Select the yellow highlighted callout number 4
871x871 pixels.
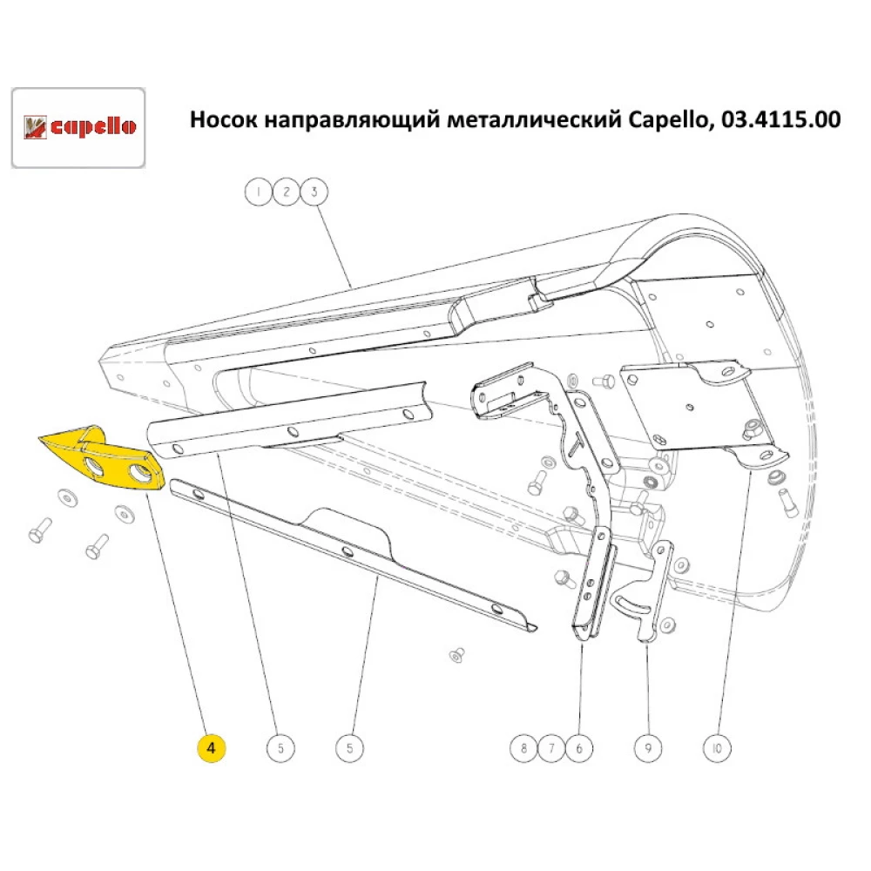pyautogui.click(x=212, y=747)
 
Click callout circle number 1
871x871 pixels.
pyautogui.click(x=258, y=192)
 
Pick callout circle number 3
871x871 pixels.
pyautogui.click(x=313, y=192)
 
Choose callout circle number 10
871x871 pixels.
pyautogui.click(x=717, y=747)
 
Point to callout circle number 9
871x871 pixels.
pyautogui.click(x=646, y=747)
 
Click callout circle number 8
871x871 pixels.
pyautogui.click(x=523, y=747)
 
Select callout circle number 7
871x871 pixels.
pyautogui.click(x=550, y=747)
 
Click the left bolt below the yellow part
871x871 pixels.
pyautogui.click(x=39, y=530)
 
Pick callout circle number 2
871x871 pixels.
pyautogui.click(x=285, y=192)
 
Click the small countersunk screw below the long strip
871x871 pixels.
pyautogui.click(x=456, y=655)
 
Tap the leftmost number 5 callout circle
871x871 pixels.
pyautogui.click(x=280, y=747)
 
